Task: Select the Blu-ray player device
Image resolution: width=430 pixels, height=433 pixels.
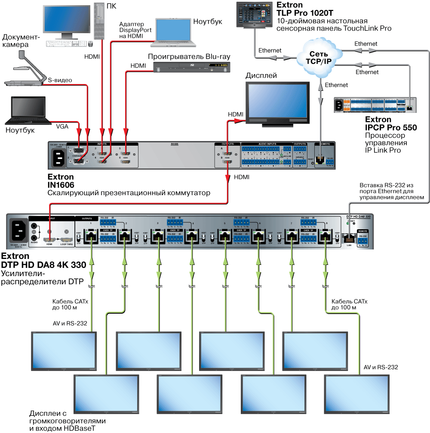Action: [192, 66]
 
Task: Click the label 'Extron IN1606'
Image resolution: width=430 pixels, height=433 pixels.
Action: [61, 181]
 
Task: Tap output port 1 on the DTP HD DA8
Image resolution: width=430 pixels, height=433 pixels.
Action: [91, 236]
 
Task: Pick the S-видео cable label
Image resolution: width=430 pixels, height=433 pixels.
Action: [60, 80]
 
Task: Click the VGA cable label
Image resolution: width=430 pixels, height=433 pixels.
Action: [62, 126]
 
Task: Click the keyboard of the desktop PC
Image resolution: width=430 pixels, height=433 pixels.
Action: [64, 44]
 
